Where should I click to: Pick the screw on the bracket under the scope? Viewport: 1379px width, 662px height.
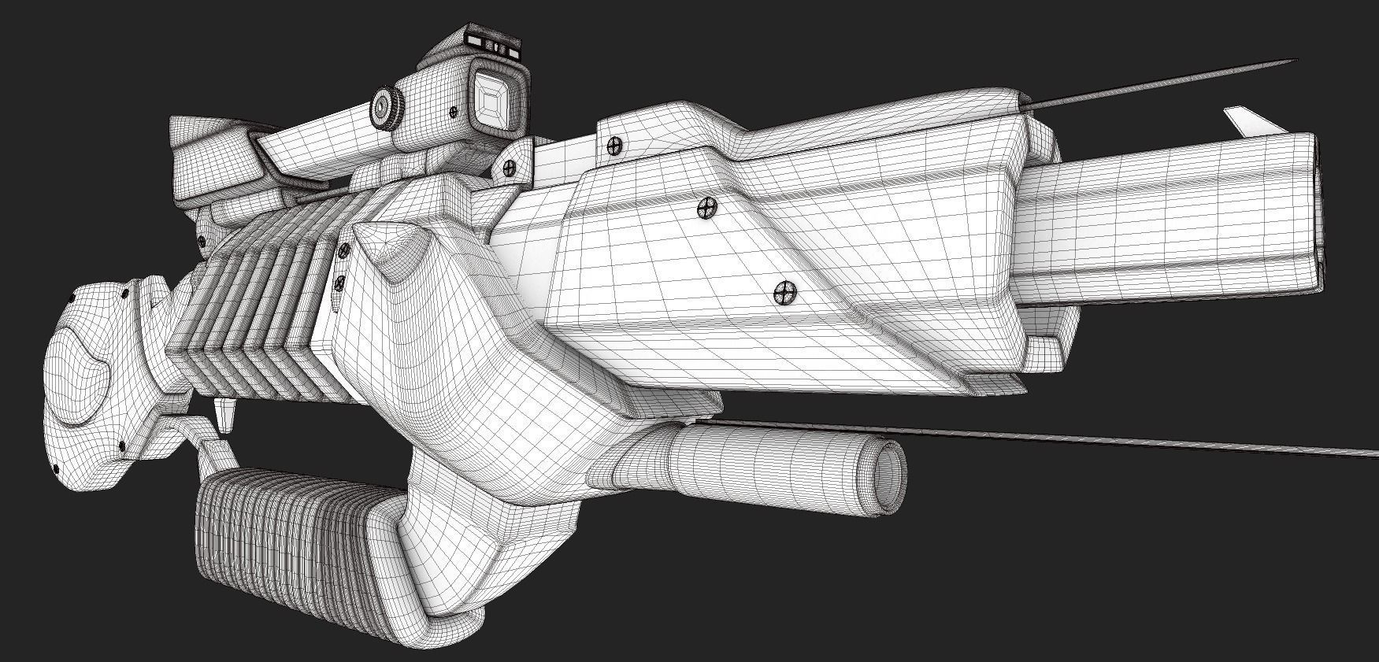[x=510, y=167]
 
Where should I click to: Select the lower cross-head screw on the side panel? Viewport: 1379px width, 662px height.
[x=784, y=293]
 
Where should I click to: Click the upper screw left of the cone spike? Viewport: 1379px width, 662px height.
[x=344, y=251]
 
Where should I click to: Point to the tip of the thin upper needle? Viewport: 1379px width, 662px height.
[x=1296, y=60]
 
